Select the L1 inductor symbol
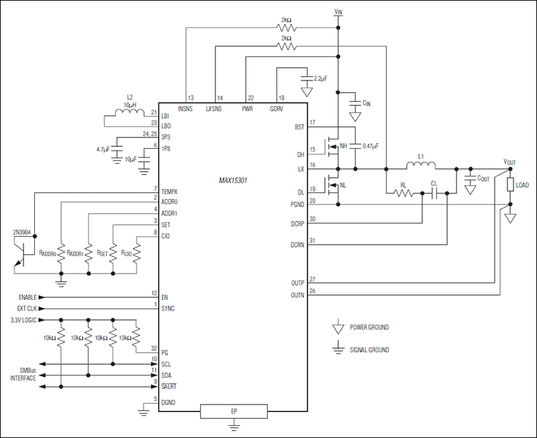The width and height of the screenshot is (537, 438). [421, 165]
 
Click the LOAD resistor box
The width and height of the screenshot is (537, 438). [510, 185]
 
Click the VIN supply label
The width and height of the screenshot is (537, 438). [338, 11]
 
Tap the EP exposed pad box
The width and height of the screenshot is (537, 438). [233, 411]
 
